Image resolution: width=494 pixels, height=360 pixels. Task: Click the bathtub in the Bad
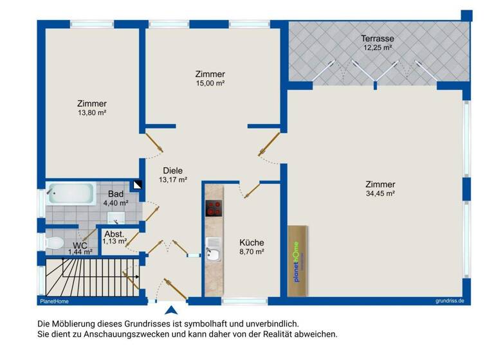pyautogui.click(x=71, y=193)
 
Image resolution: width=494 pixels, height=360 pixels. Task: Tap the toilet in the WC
pyautogui.click(x=54, y=242)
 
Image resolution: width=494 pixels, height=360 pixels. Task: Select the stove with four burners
pyautogui.click(x=214, y=209)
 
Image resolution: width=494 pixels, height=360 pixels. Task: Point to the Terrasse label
pyautogui.click(x=378, y=39)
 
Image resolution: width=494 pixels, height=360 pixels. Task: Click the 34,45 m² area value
pyautogui.click(x=380, y=193)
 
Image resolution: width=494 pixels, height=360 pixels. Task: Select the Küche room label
pyautogui.click(x=252, y=242)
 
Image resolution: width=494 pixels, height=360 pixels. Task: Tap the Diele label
pyautogui.click(x=173, y=171)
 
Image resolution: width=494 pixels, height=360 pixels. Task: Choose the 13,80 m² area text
pyautogui.click(x=91, y=113)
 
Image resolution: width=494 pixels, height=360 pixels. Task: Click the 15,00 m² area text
pyautogui.click(x=210, y=83)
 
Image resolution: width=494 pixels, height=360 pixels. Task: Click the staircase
pyautogui.click(x=90, y=278)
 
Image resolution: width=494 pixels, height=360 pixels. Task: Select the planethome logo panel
pyautogui.click(x=297, y=261)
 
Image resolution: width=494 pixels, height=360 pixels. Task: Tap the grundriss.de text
pyautogui.click(x=449, y=301)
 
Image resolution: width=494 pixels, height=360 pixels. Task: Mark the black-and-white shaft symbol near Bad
pyautogui.click(x=137, y=185)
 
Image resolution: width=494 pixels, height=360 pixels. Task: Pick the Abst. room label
pyautogui.click(x=114, y=234)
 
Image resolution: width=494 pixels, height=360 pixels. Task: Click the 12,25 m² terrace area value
pyautogui.click(x=378, y=48)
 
